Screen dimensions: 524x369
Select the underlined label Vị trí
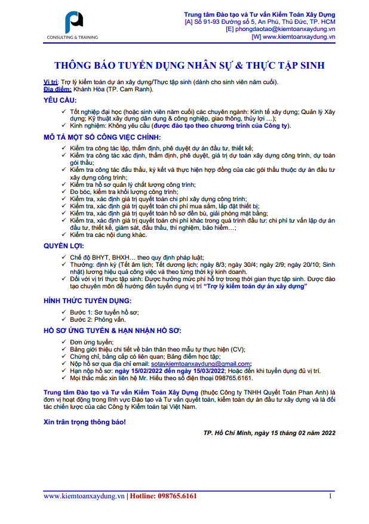tap(51, 82)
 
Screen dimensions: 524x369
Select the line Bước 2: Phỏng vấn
tap(96, 320)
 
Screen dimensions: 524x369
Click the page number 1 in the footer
tap(330, 496)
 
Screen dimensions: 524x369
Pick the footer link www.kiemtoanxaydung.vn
tap(84, 496)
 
